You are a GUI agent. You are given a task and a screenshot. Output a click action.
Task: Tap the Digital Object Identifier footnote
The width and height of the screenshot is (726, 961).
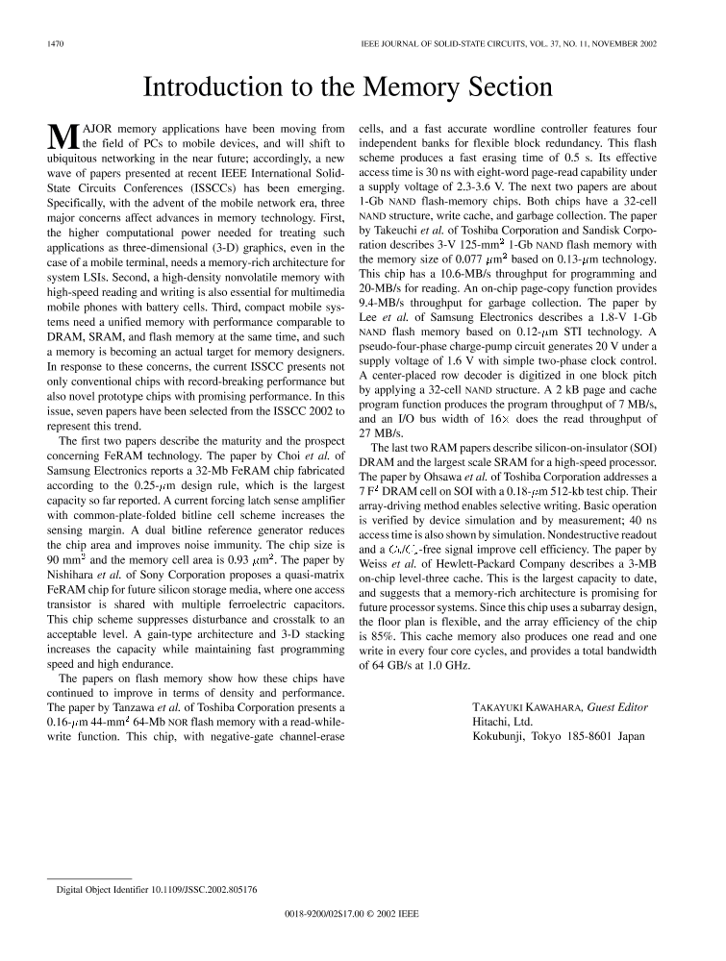[155, 889]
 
